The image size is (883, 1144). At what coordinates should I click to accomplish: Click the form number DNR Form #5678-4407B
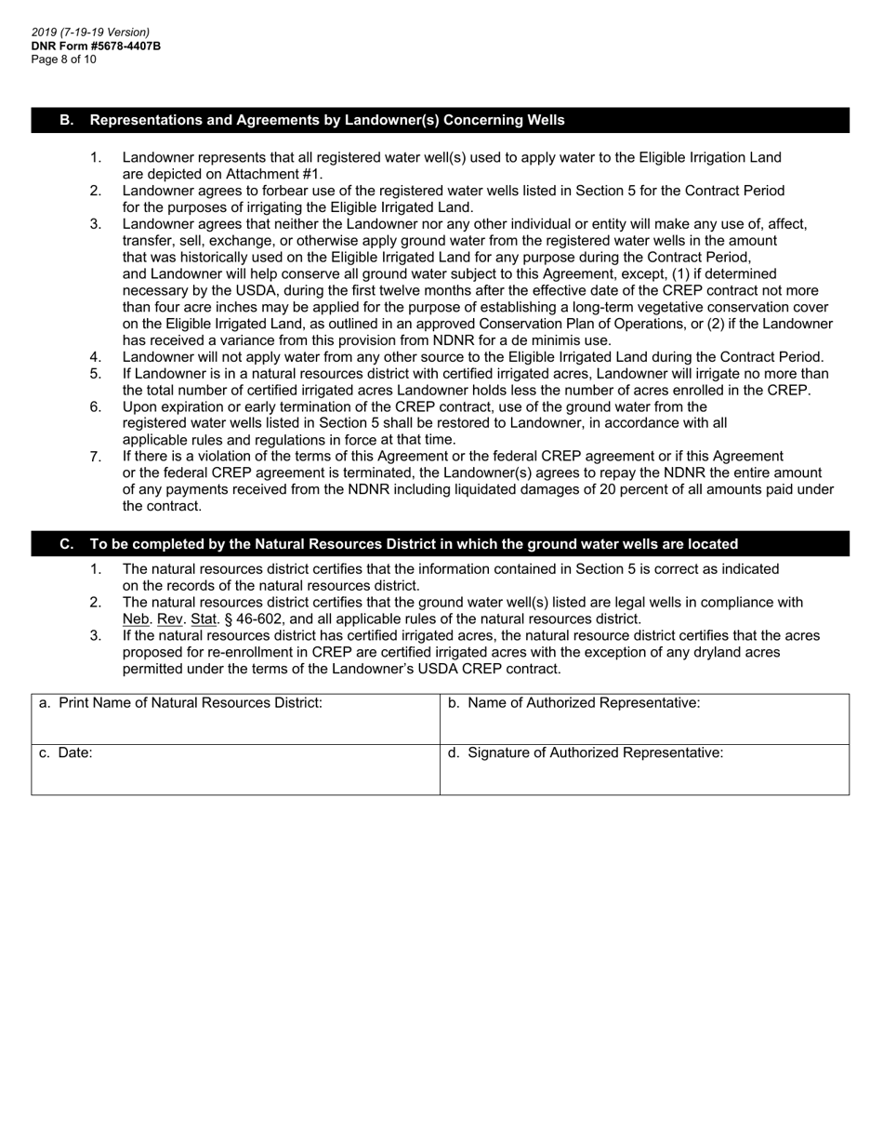tap(96, 46)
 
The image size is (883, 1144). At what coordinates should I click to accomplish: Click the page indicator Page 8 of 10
tap(63, 59)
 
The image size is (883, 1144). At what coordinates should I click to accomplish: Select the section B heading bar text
tap(326, 120)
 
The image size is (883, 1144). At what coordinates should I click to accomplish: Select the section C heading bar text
tap(414, 544)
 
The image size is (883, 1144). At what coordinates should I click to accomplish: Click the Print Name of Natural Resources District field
tap(235, 726)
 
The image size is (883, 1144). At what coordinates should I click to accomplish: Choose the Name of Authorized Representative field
tap(644, 726)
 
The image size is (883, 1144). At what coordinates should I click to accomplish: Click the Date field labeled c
tap(235, 776)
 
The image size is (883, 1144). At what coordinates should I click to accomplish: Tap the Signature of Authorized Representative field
tap(644, 776)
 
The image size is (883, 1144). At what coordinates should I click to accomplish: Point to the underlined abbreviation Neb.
tap(137, 619)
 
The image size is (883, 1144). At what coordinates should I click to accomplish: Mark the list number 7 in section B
tap(95, 457)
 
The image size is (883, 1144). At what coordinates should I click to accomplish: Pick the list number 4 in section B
tap(95, 357)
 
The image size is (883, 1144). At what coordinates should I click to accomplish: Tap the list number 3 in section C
tap(95, 636)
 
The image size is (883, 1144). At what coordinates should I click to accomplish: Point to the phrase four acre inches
tap(207, 307)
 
